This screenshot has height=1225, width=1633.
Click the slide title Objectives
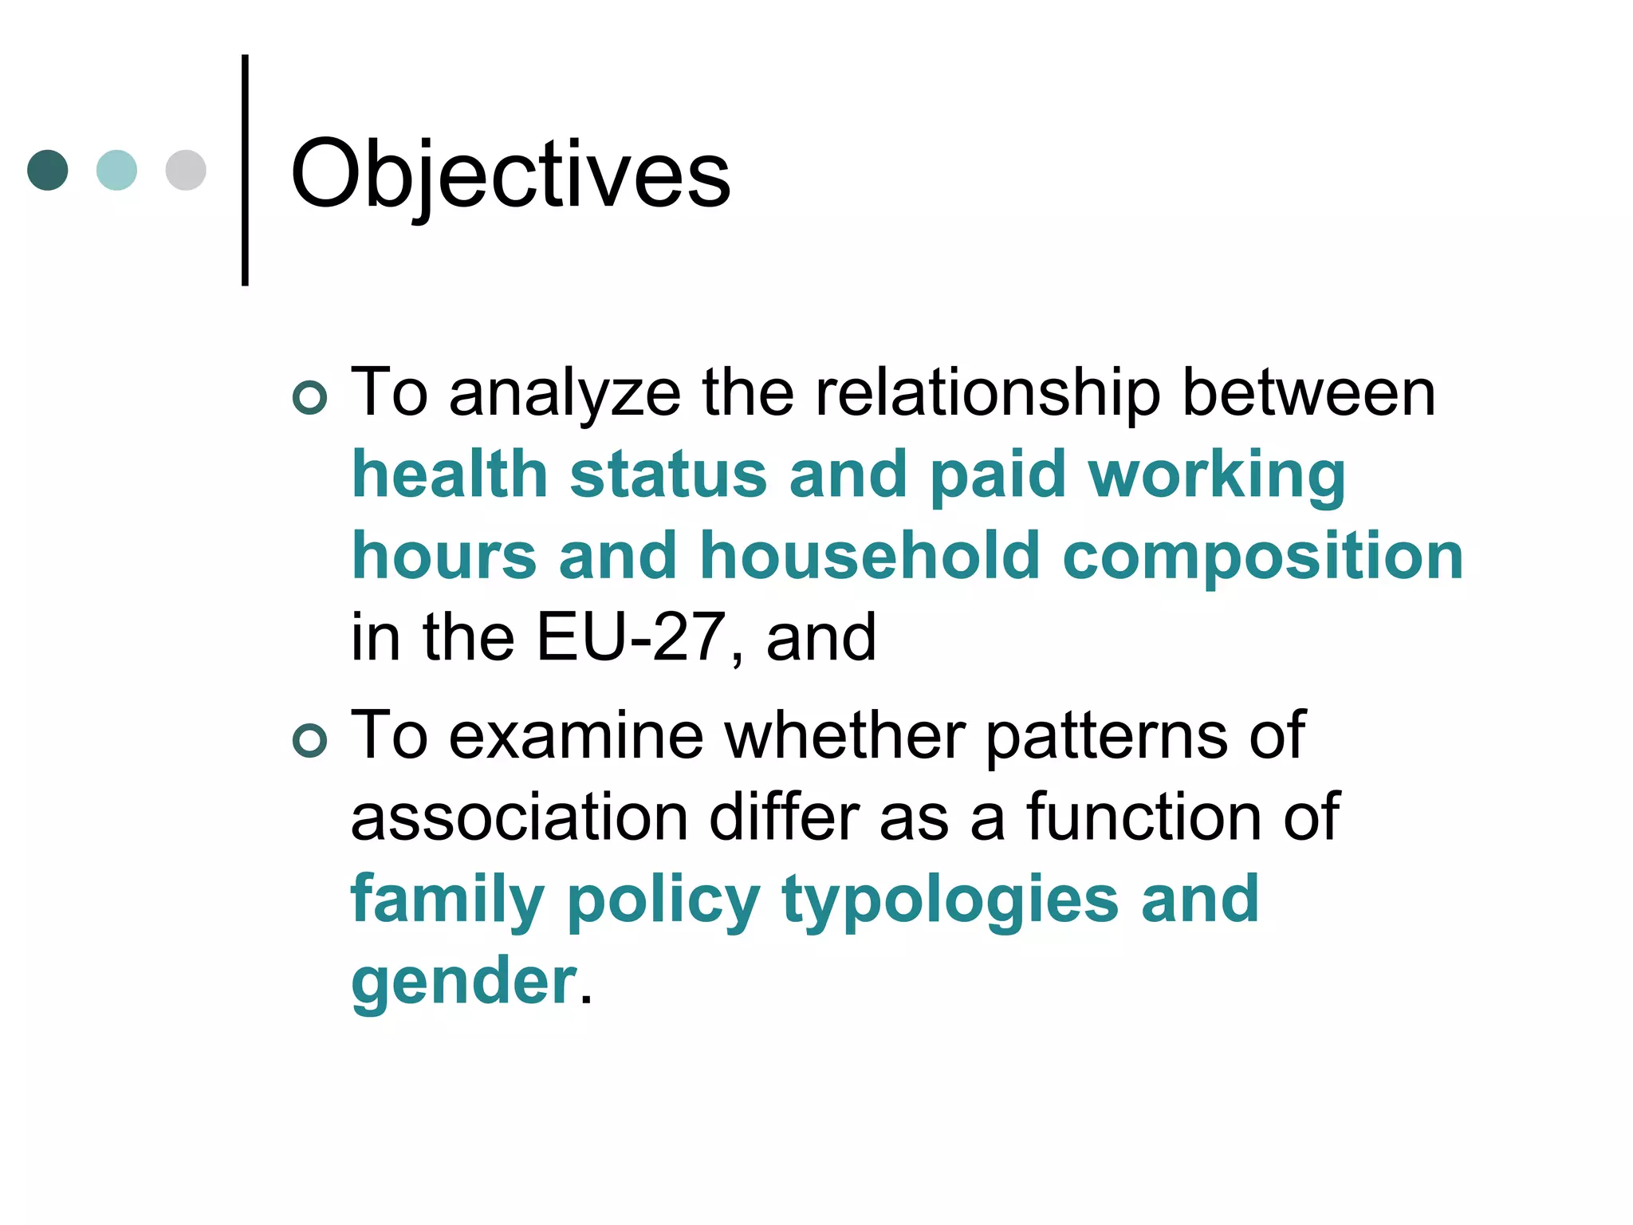coord(510,174)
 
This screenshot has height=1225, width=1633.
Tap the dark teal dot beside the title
coord(48,170)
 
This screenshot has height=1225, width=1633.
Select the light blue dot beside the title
coord(116,170)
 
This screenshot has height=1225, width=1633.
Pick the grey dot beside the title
coord(186,170)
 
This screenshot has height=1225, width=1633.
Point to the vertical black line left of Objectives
coord(245,170)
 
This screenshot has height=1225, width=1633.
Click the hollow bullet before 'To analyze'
coord(310,397)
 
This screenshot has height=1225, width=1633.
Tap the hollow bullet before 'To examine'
coord(310,740)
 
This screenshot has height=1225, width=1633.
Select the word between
coord(1308,393)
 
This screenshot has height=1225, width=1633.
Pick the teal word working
coord(1217,476)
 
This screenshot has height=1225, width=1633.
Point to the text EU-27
coord(630,637)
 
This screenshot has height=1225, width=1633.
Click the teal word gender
coord(463,983)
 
